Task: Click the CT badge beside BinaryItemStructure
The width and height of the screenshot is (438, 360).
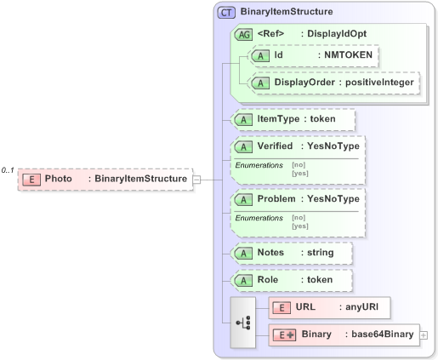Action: (226, 13)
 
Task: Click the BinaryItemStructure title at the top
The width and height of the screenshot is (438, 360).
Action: (287, 13)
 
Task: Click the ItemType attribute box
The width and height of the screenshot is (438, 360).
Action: (293, 119)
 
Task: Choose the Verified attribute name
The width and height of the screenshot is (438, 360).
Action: (275, 146)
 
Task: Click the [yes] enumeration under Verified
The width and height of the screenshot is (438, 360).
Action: (299, 173)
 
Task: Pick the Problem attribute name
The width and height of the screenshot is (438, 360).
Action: (276, 199)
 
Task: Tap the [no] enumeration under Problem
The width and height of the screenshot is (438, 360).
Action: (299, 218)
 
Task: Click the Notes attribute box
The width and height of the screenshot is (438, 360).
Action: (292, 253)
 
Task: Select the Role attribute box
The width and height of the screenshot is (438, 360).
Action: (293, 280)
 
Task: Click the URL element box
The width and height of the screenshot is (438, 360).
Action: (329, 307)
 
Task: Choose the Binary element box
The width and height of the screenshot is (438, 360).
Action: (344, 335)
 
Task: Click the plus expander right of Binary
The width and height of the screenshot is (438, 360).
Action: (424, 335)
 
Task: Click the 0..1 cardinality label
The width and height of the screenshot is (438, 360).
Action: (9, 170)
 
